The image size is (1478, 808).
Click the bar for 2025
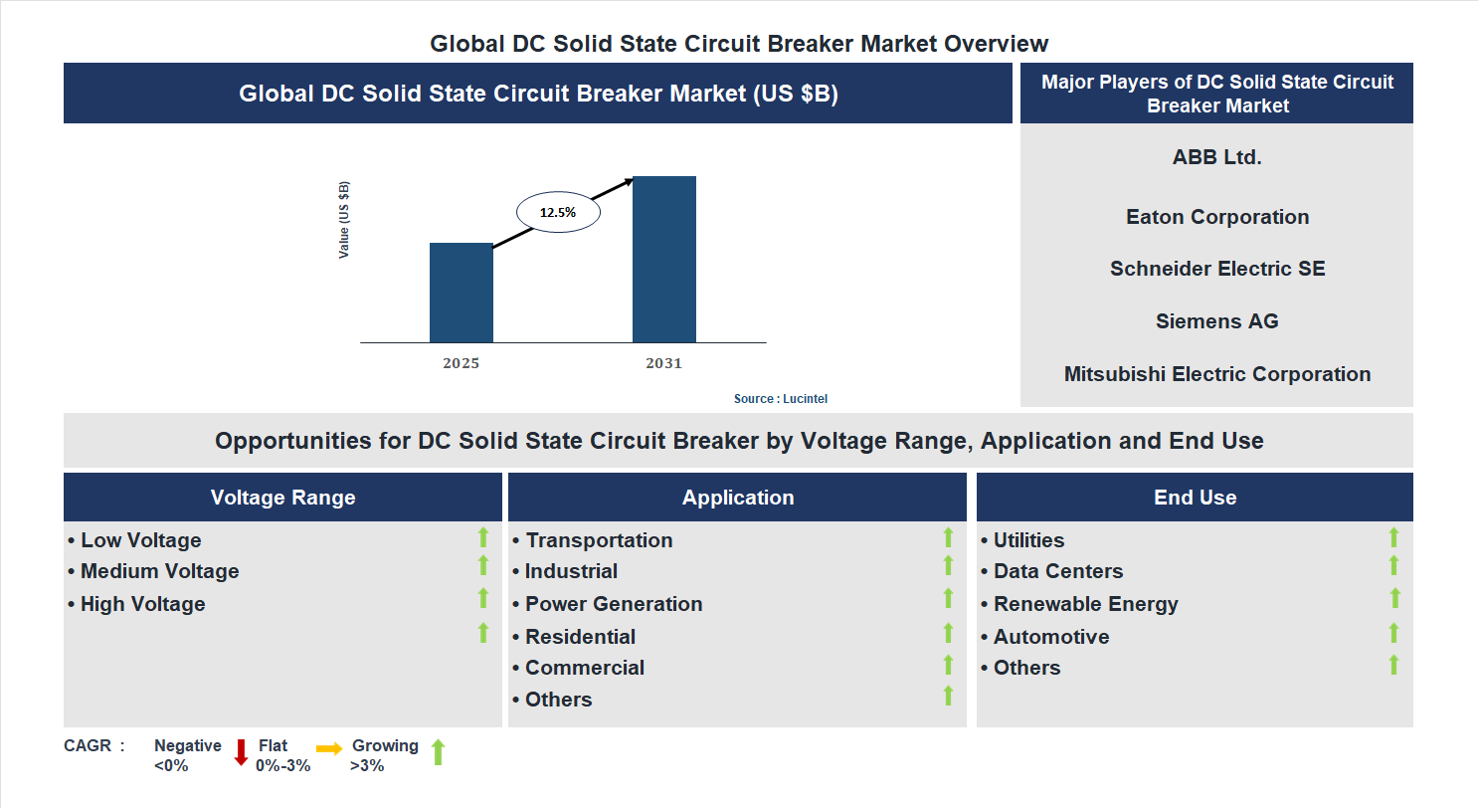coord(461,293)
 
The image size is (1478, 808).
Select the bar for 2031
coord(663,260)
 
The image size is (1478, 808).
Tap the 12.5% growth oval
coord(557,212)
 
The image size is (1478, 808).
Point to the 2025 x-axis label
coord(461,363)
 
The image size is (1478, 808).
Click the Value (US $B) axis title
coord(344,220)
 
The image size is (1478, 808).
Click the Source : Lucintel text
coord(780,398)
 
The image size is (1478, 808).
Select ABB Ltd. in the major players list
coord(1216,156)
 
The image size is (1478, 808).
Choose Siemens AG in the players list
coord(1216,321)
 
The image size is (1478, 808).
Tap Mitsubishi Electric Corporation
coord(1216,374)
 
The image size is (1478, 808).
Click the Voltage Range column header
coord(282,498)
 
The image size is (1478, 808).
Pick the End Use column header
coord(1195,498)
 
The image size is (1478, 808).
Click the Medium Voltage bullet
coord(154,571)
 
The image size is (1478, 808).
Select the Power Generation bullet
coord(608,604)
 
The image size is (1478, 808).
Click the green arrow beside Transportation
coord(948,537)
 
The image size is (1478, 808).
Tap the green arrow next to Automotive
coord(1393,633)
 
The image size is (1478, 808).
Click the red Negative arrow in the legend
coord(241,752)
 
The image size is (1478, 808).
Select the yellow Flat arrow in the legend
coord(329,747)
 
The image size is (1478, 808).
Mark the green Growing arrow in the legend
coord(437,752)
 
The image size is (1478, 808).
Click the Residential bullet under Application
coord(574,637)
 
